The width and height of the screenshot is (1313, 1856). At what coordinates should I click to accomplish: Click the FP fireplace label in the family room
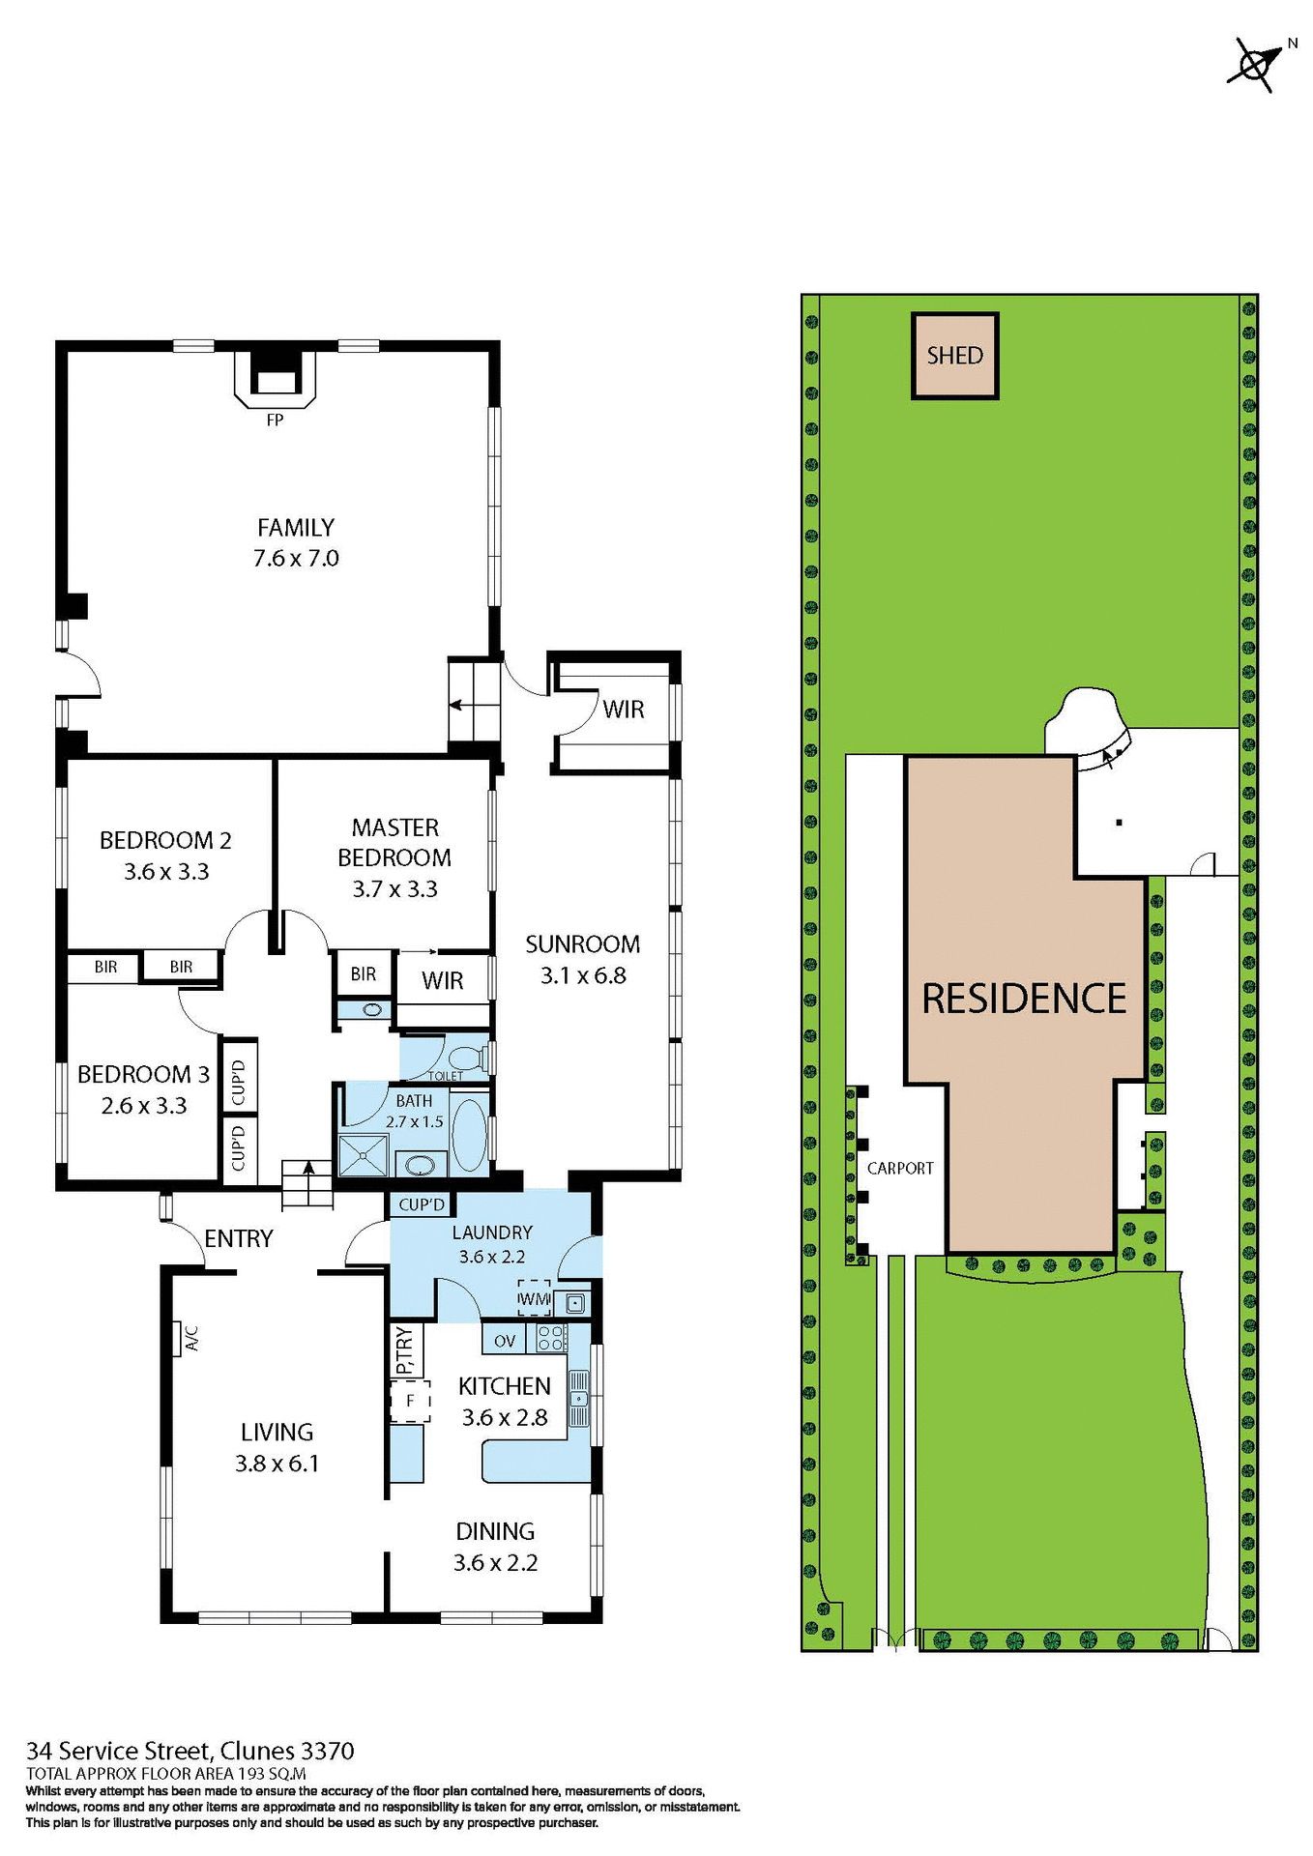click(x=275, y=420)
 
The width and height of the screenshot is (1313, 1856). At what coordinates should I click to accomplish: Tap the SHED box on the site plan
click(x=954, y=356)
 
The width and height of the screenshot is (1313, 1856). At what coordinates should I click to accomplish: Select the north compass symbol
click(x=1254, y=64)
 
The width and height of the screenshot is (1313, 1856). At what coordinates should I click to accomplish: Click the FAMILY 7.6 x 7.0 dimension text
click(x=296, y=558)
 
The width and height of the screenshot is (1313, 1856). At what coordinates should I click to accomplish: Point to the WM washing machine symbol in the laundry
click(x=534, y=1299)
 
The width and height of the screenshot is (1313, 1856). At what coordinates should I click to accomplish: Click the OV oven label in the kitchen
click(x=505, y=1341)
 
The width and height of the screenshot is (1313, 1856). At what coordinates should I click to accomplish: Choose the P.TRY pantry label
click(x=405, y=1350)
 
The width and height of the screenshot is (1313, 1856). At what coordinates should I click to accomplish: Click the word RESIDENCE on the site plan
click(x=1024, y=999)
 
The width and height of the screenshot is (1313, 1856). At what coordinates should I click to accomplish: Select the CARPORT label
click(x=900, y=1168)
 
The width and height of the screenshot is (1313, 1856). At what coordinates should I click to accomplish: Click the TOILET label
click(x=446, y=1076)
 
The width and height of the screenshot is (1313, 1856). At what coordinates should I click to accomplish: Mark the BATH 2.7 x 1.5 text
click(x=414, y=1111)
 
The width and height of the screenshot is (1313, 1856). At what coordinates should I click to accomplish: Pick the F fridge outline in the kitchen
click(x=410, y=1401)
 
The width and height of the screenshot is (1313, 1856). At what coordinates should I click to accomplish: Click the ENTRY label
click(x=239, y=1238)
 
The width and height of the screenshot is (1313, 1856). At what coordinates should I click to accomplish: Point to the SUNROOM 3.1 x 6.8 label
click(x=582, y=959)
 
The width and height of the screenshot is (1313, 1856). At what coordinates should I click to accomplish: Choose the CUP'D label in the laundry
click(x=422, y=1204)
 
